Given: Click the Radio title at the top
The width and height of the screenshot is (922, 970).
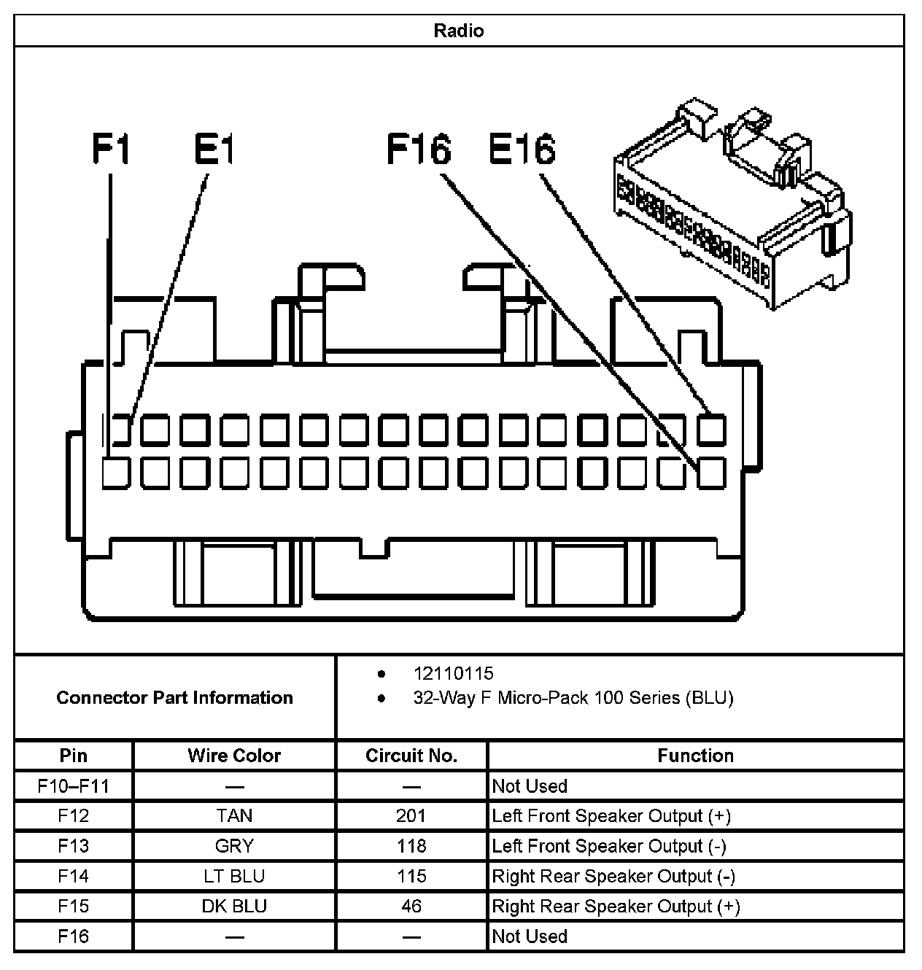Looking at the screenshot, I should click(x=459, y=31).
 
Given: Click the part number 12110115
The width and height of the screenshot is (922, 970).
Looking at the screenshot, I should click(x=453, y=673).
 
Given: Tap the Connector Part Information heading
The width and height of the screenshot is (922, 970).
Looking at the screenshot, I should click(x=174, y=697).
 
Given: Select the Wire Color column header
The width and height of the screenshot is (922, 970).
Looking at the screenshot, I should click(x=234, y=756).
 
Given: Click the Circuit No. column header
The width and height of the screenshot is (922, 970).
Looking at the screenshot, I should click(x=411, y=756).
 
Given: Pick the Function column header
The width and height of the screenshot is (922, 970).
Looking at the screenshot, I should click(x=695, y=756).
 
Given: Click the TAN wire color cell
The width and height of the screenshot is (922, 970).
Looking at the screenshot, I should click(x=234, y=815).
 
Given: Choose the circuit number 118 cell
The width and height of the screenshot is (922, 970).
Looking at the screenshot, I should click(x=411, y=846).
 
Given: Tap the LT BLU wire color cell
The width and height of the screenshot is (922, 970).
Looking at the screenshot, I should click(x=234, y=876).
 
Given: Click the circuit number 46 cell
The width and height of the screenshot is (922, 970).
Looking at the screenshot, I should click(x=411, y=906).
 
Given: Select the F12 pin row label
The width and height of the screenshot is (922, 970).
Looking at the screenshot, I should click(x=74, y=815).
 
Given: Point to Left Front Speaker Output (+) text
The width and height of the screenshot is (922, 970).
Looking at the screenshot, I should click(x=611, y=815).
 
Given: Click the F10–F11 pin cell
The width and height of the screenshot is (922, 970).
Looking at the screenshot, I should click(x=74, y=785).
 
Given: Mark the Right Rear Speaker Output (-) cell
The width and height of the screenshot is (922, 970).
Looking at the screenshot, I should click(x=613, y=876).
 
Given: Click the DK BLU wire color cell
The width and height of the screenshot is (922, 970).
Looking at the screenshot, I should click(x=234, y=906).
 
